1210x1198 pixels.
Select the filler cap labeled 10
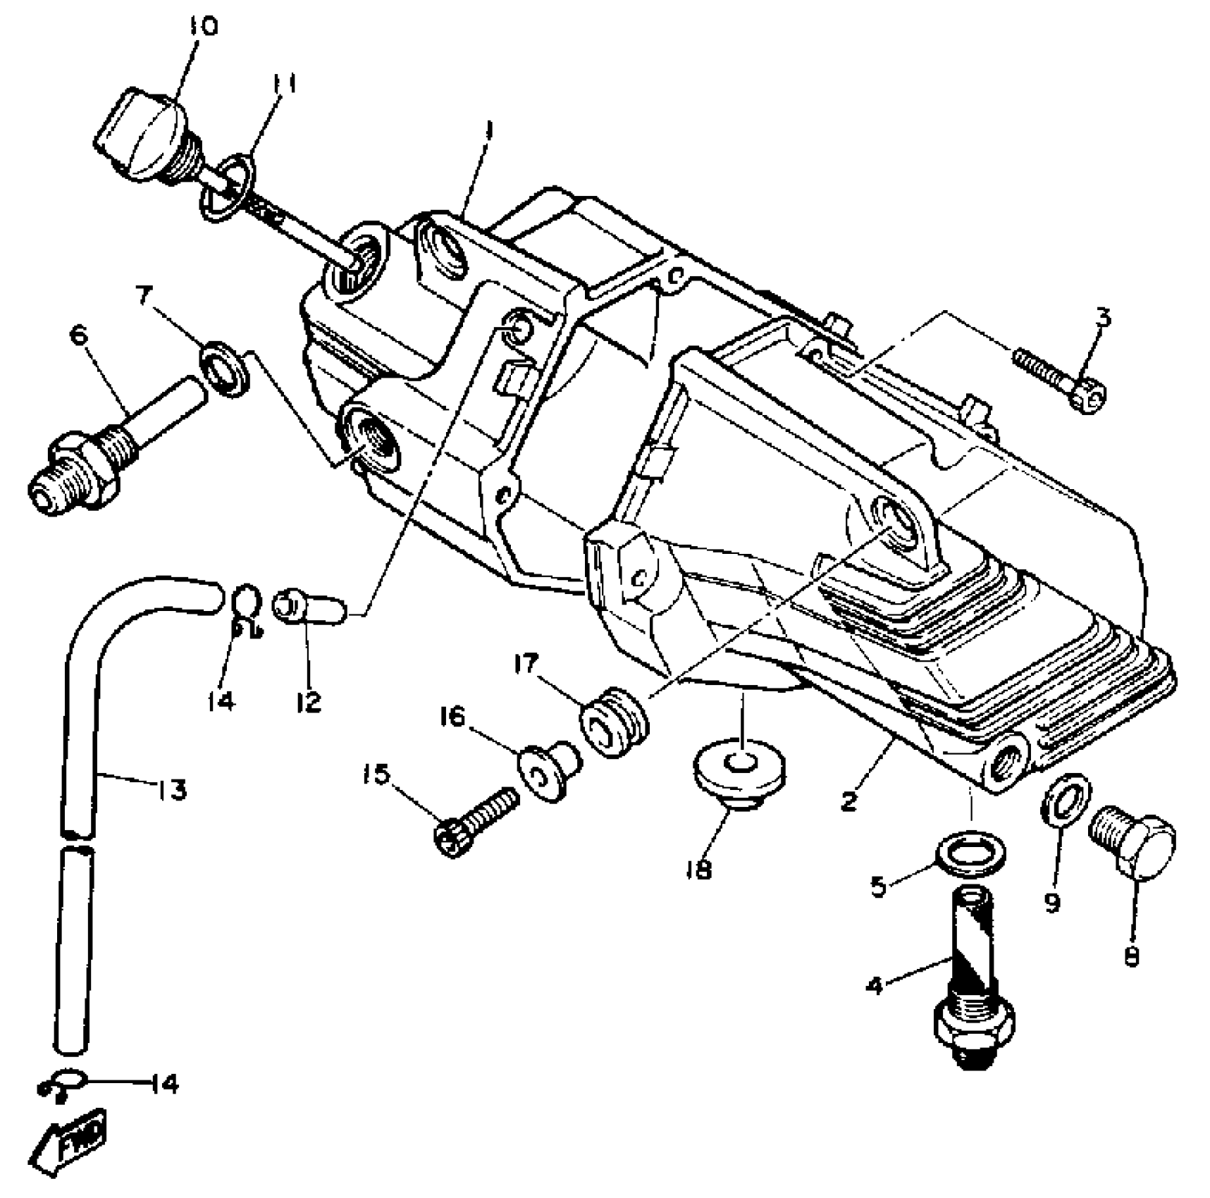tap(144, 134)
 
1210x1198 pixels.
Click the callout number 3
tap(1103, 319)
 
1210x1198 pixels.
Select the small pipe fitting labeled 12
tap(310, 607)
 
